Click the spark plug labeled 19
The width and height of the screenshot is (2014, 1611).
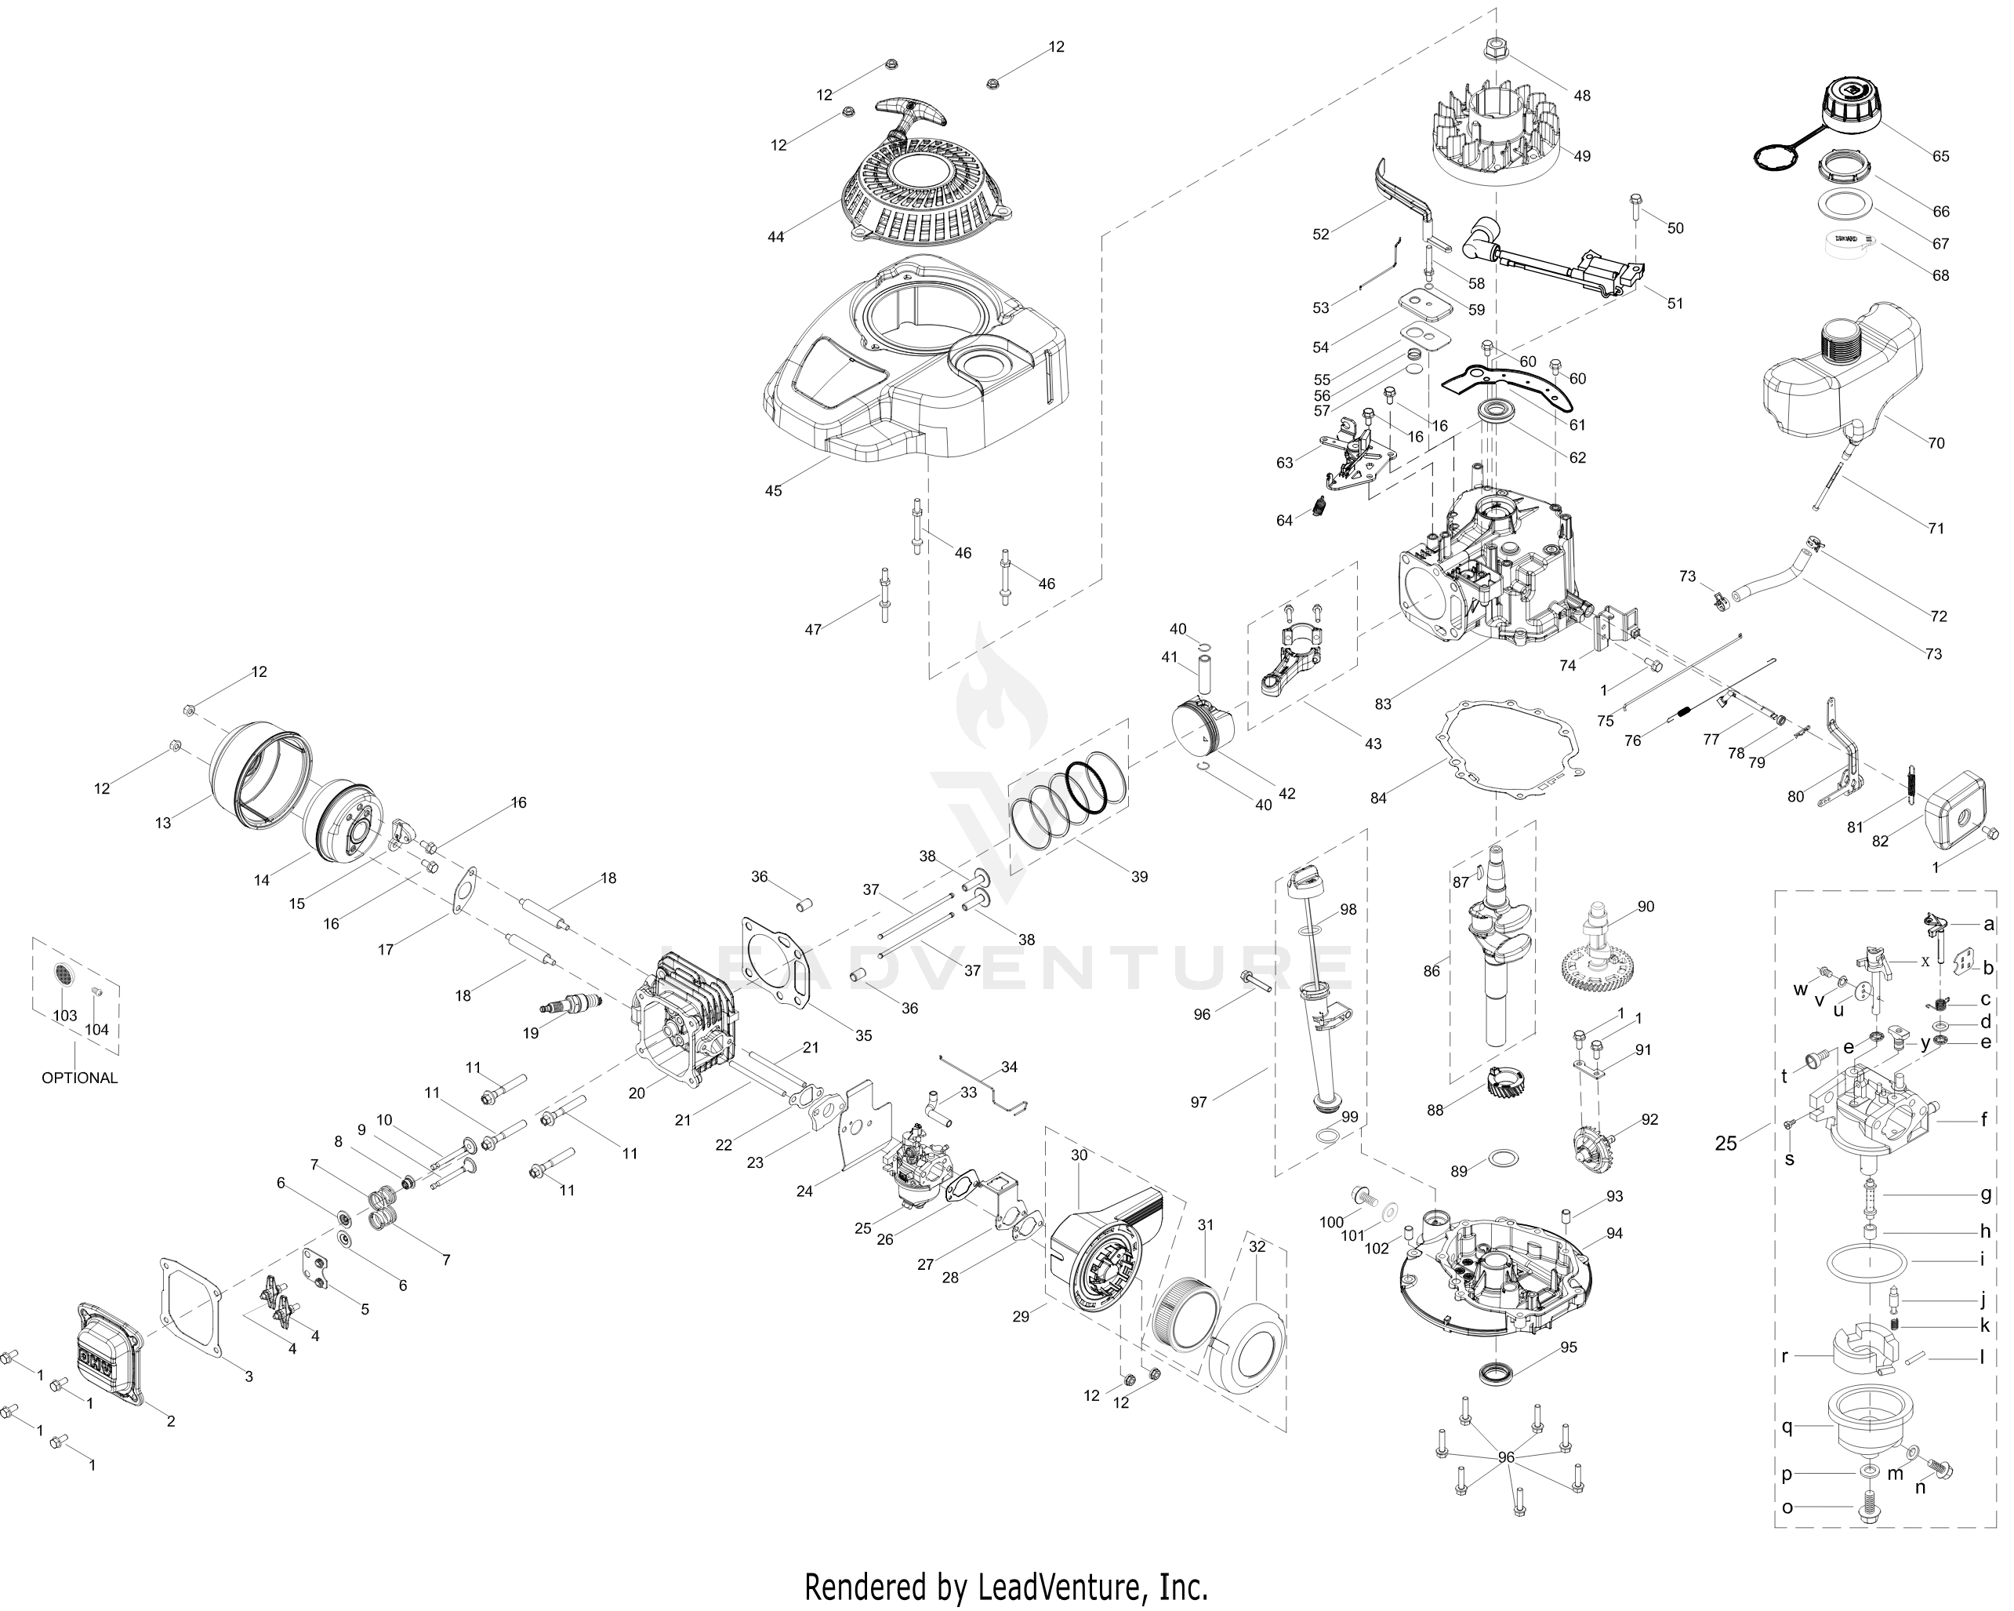[x=572, y=1006]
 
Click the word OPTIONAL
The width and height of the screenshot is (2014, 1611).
[x=79, y=1078]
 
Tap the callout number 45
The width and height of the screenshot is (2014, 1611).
[x=774, y=490]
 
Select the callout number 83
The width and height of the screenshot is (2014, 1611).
[x=1383, y=704]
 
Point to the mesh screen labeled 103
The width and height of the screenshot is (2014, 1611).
[x=64, y=976]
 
